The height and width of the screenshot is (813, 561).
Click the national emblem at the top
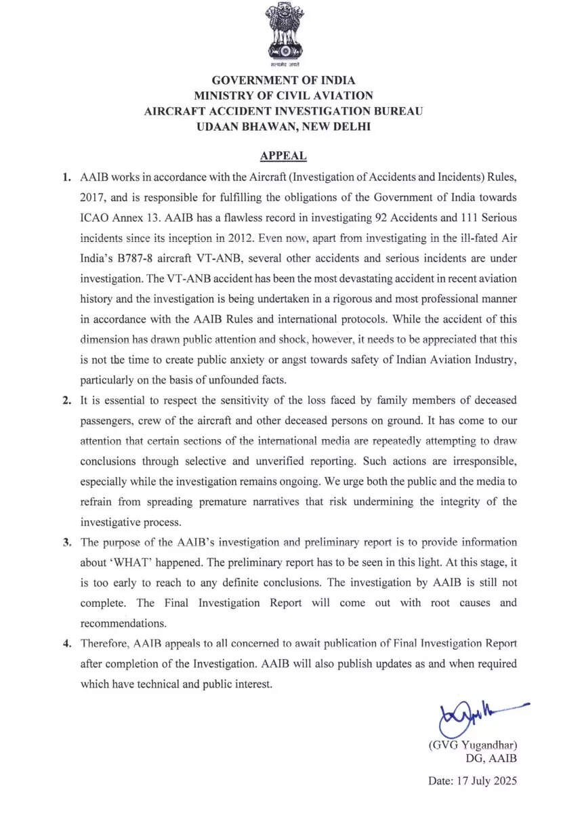283,34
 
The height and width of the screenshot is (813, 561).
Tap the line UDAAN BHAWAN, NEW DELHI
283,127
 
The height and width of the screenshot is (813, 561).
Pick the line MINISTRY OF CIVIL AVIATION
283,96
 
